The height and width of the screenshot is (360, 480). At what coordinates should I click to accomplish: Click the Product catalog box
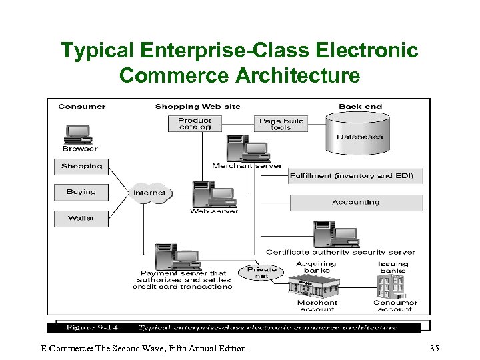coord(195,123)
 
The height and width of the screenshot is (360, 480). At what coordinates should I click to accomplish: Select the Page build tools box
coord(281,123)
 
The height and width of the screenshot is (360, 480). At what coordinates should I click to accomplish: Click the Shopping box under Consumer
coord(81,166)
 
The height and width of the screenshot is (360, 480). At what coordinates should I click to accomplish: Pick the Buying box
coord(81,192)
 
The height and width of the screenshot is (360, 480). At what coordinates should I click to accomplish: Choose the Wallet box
coord(81,218)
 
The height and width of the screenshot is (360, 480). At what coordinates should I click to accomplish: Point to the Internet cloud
coord(149,193)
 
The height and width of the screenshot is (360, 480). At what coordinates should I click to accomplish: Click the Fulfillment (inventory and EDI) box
coord(355,176)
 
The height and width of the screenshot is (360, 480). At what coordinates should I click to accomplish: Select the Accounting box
coord(356,202)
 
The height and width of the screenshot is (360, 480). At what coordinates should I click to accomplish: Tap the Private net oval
coord(262,273)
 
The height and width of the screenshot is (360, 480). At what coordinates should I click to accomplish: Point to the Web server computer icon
coord(213,195)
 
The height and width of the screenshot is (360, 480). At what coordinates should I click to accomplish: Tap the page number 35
coord(434,348)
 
